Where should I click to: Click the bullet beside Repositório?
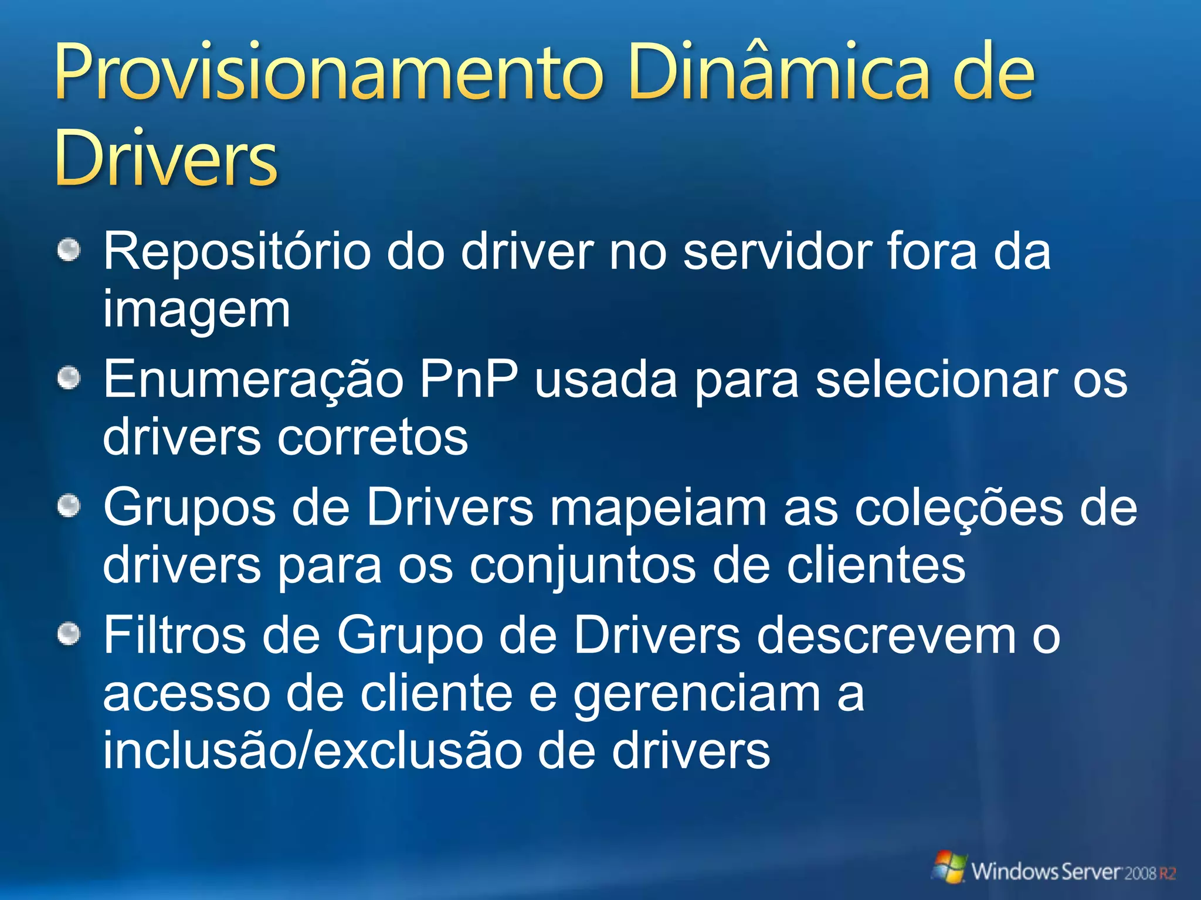pyautogui.click(x=69, y=251)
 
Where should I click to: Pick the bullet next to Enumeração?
pyautogui.click(x=69, y=379)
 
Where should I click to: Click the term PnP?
pyautogui.click(x=469, y=380)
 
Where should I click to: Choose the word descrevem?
pyautogui.click(x=886, y=635)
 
